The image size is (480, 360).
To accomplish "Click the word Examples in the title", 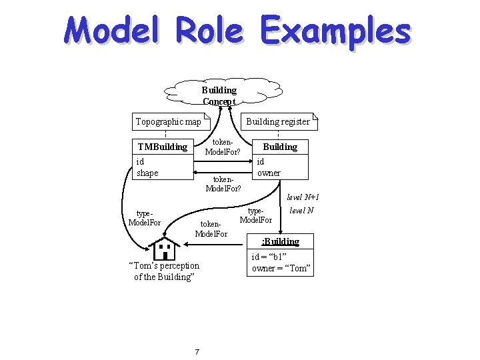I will tap(335, 33).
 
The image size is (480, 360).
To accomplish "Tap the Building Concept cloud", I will tap(219, 95).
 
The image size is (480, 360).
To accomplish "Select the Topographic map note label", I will tap(168, 121).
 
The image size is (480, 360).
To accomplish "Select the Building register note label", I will tap(277, 121).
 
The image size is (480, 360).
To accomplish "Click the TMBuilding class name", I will tap(162, 147).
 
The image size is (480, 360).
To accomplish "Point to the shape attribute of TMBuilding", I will tap(147, 173).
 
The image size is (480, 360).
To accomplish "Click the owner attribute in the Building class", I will tap(269, 173).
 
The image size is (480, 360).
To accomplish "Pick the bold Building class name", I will tap(280, 147).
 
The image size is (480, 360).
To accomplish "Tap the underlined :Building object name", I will tap(281, 241).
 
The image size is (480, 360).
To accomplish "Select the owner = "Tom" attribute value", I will tap(281, 269).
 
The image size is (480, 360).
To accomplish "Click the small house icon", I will tap(163, 249).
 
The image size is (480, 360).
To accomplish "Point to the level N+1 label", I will tap(303, 197).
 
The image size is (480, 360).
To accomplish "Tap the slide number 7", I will tap(196, 351).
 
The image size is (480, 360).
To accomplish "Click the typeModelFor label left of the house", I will tap(145, 218).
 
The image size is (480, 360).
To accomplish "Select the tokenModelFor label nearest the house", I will tap(211, 229).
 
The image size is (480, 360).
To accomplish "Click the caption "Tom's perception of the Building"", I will tap(163, 271).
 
